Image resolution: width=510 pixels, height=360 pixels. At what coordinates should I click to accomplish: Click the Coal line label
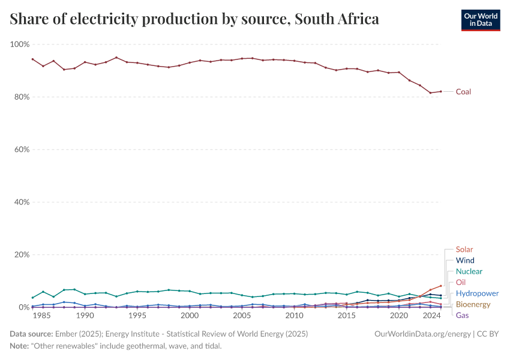pyautogui.click(x=463, y=92)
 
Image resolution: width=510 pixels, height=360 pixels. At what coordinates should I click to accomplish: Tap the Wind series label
pyautogui.click(x=465, y=260)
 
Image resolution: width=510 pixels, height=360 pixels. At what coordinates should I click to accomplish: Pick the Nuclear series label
pyautogui.click(x=469, y=272)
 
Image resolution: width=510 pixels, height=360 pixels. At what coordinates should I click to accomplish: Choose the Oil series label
pyautogui.click(x=461, y=283)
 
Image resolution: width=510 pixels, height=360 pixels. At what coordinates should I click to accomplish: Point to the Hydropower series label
pyautogui.click(x=477, y=293)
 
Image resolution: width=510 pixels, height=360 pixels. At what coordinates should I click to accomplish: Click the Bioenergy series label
pyautogui.click(x=473, y=304)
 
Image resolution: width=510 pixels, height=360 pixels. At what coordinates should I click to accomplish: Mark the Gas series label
pyautogui.click(x=463, y=316)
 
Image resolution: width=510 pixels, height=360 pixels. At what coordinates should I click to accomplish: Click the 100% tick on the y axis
pyautogui.click(x=20, y=44)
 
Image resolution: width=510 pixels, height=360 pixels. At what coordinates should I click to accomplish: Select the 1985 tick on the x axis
pyautogui.click(x=42, y=316)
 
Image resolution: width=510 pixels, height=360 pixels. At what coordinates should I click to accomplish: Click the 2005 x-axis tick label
pyautogui.click(x=242, y=316)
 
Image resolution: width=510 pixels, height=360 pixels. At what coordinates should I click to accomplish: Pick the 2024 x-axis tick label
pyautogui.click(x=431, y=316)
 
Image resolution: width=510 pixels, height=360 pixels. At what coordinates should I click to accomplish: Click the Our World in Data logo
pyautogui.click(x=481, y=20)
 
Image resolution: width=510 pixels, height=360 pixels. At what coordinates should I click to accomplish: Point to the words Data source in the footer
pyautogui.click(x=30, y=334)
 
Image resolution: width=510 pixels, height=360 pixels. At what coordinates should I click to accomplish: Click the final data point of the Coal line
pyautogui.click(x=441, y=91)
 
